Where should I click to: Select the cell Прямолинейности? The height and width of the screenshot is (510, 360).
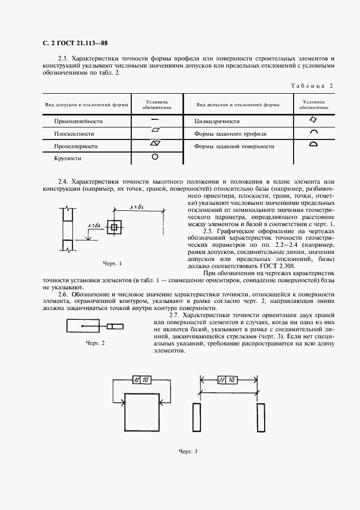click(x=78, y=121)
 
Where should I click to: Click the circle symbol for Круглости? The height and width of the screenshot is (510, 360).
click(x=155, y=157)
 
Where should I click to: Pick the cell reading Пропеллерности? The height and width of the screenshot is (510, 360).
click(x=76, y=146)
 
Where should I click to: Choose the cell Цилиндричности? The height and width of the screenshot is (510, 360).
click(x=217, y=122)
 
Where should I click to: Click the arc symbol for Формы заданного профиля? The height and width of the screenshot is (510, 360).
click(x=313, y=132)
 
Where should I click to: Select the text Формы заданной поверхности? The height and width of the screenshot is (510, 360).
click(x=234, y=146)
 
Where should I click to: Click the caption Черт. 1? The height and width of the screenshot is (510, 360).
click(x=113, y=263)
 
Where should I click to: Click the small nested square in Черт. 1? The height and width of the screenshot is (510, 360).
click(x=114, y=228)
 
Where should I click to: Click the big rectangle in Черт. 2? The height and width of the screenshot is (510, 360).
click(x=82, y=326)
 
